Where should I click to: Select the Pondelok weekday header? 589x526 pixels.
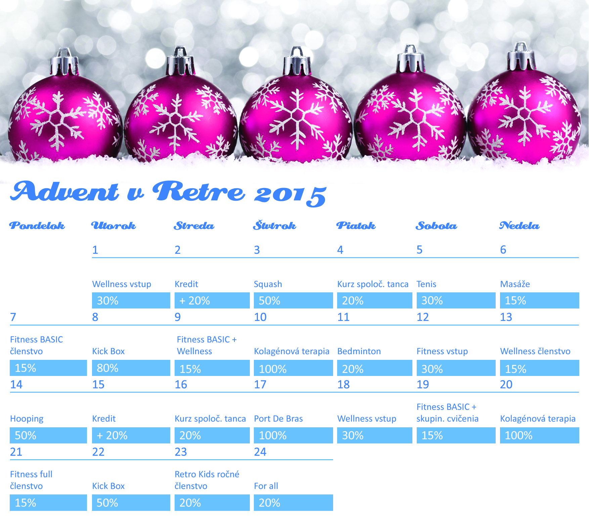click(x=37, y=226)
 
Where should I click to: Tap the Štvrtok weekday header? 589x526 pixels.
click(x=275, y=225)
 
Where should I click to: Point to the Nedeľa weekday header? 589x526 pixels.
click(x=519, y=226)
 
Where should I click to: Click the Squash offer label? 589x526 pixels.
click(x=268, y=284)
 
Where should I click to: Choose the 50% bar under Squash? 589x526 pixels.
click(x=293, y=300)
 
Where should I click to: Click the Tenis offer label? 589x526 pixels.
click(x=426, y=284)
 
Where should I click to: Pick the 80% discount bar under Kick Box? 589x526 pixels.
click(x=131, y=368)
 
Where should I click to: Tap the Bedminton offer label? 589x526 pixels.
click(x=359, y=351)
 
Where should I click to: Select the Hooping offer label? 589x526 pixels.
click(x=27, y=419)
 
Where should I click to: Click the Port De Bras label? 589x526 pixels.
click(x=278, y=419)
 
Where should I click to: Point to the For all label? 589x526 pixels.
click(x=266, y=486)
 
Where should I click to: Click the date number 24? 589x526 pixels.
click(x=260, y=452)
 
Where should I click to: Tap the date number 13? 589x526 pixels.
click(x=506, y=317)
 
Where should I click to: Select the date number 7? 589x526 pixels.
click(x=13, y=317)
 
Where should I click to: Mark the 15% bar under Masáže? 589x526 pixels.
click(x=540, y=300)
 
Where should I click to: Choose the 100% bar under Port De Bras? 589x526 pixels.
click(x=293, y=435)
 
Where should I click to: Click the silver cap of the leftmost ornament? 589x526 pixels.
click(x=64, y=62)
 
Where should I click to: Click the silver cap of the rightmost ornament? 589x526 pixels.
click(x=521, y=56)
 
